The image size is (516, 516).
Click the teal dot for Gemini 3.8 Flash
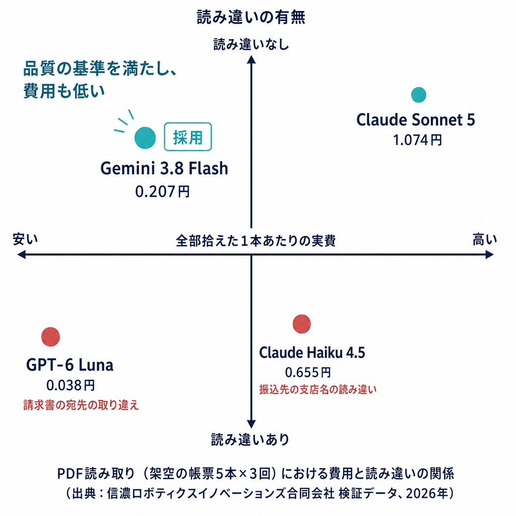pos(145,138)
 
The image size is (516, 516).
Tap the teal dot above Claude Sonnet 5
pos(419,95)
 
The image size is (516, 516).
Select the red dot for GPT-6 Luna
pos(51,337)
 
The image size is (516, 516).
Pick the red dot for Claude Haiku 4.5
pos(302,324)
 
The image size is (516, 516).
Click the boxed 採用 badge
pos(188,137)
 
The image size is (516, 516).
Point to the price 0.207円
pos(163,191)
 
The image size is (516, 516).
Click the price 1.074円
pos(418,140)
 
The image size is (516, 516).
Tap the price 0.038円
pos(71,385)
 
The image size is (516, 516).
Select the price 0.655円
pos(308,372)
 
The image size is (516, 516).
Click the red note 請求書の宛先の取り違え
pos(81,405)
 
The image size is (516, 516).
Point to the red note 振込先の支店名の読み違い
pos(318,390)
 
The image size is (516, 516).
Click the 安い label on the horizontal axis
pos(25,239)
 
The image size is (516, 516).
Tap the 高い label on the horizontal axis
pos(485,239)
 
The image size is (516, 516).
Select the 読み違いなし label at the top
pos(251,44)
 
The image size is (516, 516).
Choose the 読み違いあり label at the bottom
pos(250,439)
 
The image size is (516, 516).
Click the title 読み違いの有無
pos(251,17)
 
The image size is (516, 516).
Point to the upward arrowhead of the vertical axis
pos(251,59)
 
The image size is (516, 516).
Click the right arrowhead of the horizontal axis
pos(490,254)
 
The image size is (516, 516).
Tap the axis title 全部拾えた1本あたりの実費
pos(255,241)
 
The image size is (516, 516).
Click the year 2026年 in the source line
pos(427,493)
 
